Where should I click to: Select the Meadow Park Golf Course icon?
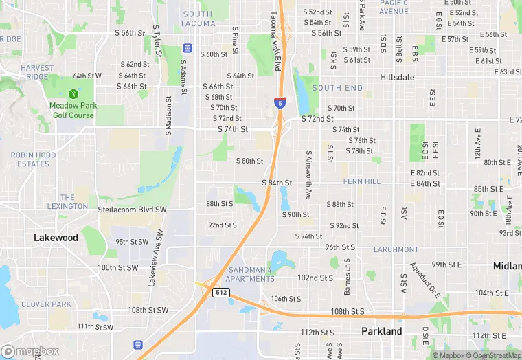tap(73, 93)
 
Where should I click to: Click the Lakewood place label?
tap(56, 238)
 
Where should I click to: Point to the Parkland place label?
tap(382, 331)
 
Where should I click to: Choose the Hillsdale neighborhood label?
tap(397, 78)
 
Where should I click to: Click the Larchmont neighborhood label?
tap(396, 249)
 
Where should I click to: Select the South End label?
tap(337, 88)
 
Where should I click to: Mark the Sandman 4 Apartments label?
tap(250, 275)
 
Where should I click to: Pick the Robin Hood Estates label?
tap(33, 159)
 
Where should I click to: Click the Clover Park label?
tap(46, 304)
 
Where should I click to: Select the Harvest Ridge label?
tap(37, 73)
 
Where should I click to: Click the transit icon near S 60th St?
tap(187, 48)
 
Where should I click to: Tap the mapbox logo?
tap(31, 352)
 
